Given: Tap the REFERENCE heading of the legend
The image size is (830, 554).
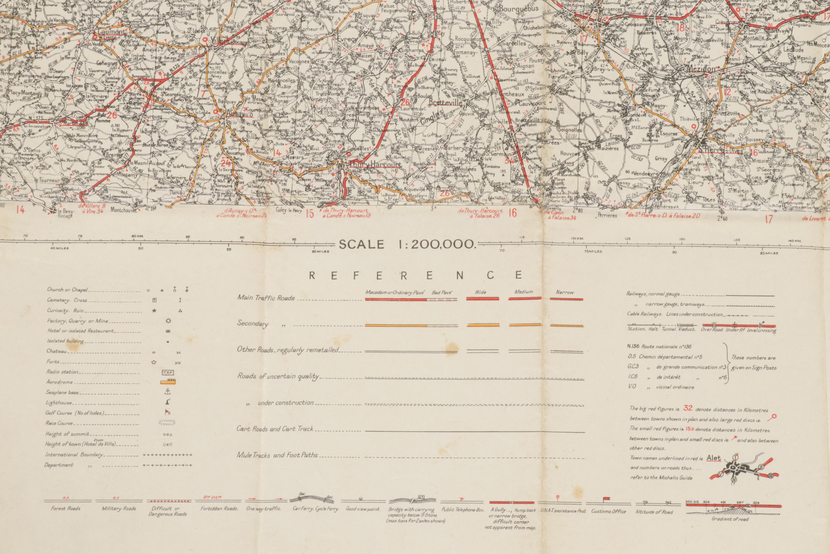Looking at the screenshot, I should click(415, 275).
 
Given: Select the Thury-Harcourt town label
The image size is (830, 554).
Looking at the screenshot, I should click(375, 165).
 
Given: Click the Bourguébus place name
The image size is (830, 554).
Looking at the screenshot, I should click(519, 9).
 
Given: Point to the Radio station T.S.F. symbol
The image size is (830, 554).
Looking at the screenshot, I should click(168, 372).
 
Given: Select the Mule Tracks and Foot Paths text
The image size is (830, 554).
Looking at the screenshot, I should click(277, 455).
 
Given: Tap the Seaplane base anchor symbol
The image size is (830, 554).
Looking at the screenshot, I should click(168, 392).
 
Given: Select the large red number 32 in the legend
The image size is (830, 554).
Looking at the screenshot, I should click(687, 408).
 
